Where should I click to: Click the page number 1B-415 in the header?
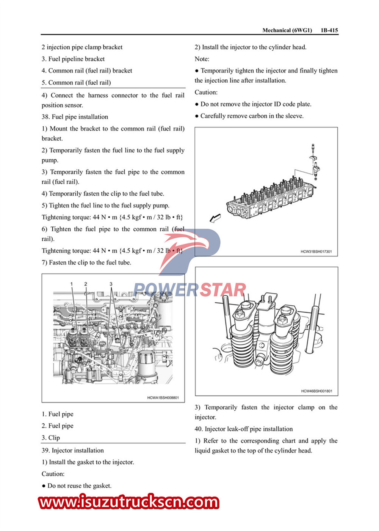pos(329,30)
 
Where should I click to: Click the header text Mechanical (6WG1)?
pos(287,30)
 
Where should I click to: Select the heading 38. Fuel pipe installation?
pos(75,117)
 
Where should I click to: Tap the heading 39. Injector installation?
pos(73,450)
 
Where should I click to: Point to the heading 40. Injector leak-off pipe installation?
pos(244,429)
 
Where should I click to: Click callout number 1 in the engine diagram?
pos(71,284)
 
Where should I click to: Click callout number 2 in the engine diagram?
pos(86,284)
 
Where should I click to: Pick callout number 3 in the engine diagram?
pos(111,284)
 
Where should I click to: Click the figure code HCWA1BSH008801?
pos(163,398)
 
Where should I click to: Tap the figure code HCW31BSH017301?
pos(316,251)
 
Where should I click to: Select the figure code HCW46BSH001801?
pos(316,391)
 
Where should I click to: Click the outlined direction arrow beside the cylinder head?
pos(215,218)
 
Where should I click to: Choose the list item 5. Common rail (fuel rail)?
pos(76,82)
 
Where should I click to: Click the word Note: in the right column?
pos(202,59)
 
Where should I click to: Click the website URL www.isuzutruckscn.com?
pos(129,502)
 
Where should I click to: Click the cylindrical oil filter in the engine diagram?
pos(146,366)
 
